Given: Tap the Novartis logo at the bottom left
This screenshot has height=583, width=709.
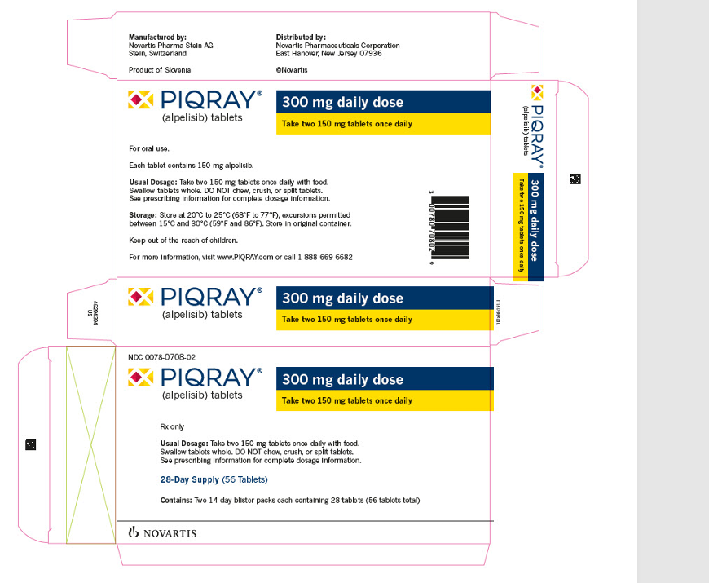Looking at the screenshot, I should (163, 533).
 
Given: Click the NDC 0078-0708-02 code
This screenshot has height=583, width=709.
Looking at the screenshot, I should (161, 357).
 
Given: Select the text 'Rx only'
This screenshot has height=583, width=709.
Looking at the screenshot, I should (172, 426).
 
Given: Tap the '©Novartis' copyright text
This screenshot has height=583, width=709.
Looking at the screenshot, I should (292, 71).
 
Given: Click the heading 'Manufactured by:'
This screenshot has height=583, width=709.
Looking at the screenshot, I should (158, 38).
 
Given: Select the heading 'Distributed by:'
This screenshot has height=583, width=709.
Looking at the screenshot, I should (301, 38).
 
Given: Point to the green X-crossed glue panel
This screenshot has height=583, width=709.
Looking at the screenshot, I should (90, 444).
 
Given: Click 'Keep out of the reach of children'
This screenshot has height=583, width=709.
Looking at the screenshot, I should (183, 240).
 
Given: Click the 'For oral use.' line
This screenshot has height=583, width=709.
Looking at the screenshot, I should (150, 148).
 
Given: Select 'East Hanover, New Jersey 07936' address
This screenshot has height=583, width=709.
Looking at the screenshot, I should (328, 54).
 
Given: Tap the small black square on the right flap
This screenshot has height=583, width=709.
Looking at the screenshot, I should (575, 179).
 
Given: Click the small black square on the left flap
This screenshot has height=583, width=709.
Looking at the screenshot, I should (30, 444).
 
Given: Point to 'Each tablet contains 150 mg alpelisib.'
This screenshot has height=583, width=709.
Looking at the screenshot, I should (193, 166).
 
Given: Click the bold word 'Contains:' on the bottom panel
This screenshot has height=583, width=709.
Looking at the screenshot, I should (175, 499).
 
